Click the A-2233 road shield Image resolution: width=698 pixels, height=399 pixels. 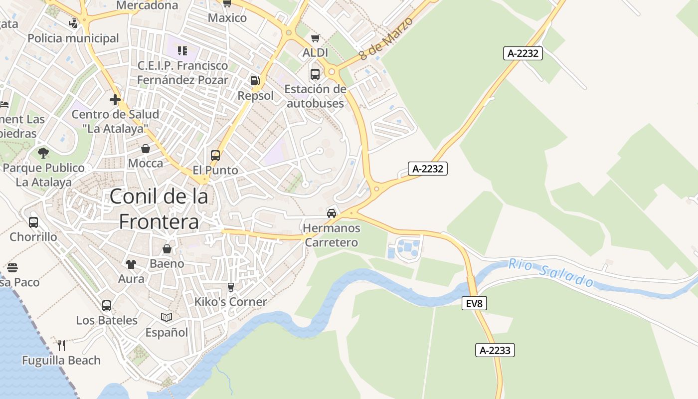tap(495, 351)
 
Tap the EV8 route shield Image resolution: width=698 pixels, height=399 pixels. tap(474, 303)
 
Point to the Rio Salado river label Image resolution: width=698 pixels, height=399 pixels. tap(551, 273)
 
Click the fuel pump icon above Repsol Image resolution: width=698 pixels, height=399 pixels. tap(255, 80)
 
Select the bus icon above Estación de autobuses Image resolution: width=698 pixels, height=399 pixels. tap(315, 74)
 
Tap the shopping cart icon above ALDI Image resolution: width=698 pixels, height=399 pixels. tap(315, 38)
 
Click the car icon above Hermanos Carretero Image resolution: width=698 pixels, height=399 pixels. tap(331, 213)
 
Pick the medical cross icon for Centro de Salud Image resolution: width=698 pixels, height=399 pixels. tap(115, 100)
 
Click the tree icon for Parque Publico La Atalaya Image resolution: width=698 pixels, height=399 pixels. tap(43, 153)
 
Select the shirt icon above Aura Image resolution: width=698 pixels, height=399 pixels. tap(131, 264)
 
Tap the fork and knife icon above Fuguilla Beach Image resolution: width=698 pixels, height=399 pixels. tap(61, 345)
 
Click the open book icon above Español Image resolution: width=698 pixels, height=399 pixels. tap(167, 317)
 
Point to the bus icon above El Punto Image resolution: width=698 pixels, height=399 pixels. tap(215, 156)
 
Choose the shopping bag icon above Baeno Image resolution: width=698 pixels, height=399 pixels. tap(167, 248)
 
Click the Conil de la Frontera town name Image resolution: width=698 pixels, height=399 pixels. tap(159, 209)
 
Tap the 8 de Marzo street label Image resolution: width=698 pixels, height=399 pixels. tap(386, 39)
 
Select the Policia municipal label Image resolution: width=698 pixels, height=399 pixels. tap(73, 38)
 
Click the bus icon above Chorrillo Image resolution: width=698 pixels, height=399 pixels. tap(33, 222)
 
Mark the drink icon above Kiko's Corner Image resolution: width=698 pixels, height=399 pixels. tap(230, 287)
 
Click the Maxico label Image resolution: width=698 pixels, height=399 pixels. tap(227, 18)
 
